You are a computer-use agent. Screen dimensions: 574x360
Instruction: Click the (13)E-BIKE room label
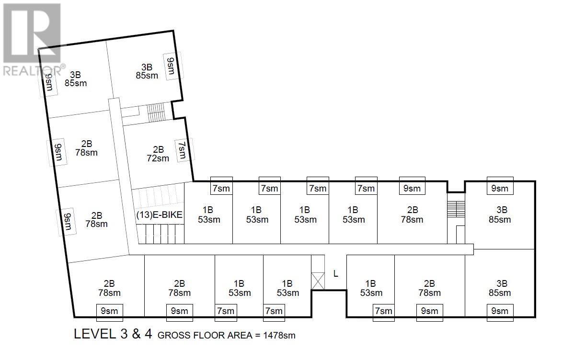[159, 215]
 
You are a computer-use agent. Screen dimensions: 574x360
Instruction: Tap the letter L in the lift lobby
[336, 273]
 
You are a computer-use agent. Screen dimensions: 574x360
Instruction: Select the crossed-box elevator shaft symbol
[318, 281]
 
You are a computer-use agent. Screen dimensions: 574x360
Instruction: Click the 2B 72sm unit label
[158, 154]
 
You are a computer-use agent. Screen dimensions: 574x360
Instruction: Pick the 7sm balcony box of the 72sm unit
[182, 150]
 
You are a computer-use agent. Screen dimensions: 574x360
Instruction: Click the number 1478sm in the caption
[279, 335]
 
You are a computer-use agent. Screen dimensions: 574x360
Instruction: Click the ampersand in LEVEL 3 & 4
[136, 334]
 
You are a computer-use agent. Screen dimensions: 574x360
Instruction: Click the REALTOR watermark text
[32, 70]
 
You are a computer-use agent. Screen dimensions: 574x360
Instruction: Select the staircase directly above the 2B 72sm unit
[156, 112]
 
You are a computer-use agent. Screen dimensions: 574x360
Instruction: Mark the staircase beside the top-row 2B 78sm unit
[456, 209]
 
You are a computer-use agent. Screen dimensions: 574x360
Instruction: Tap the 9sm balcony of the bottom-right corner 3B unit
[500, 313]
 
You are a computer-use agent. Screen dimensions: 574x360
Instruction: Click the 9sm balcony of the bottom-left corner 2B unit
[109, 313]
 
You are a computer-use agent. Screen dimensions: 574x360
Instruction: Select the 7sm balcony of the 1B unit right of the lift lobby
[384, 313]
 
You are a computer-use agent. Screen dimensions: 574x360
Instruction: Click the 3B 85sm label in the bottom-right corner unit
[500, 288]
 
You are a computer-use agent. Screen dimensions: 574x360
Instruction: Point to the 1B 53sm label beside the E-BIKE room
[208, 215]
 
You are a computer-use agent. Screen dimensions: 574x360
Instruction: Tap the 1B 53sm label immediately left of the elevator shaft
[288, 288]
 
